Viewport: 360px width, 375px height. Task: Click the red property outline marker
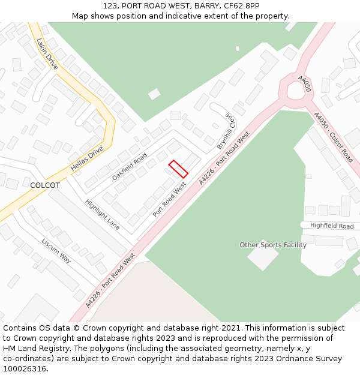pos(178,169)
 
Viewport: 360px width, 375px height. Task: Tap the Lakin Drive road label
pos(47,54)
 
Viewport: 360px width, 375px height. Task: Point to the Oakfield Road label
pos(129,167)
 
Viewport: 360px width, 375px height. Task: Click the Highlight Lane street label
pos(102,214)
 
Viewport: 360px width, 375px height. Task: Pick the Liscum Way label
pos(56,250)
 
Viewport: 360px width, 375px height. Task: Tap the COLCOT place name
pos(45,185)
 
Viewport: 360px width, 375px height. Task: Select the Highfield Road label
pos(332,226)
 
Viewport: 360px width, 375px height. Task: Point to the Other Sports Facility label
pos(273,245)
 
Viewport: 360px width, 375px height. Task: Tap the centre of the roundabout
pos(295,90)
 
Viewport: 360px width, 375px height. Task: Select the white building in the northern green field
pos(154,94)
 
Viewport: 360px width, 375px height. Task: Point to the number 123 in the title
pos(109,5)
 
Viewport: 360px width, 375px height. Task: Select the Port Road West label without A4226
pos(169,200)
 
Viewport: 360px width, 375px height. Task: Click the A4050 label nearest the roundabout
pos(304,83)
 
